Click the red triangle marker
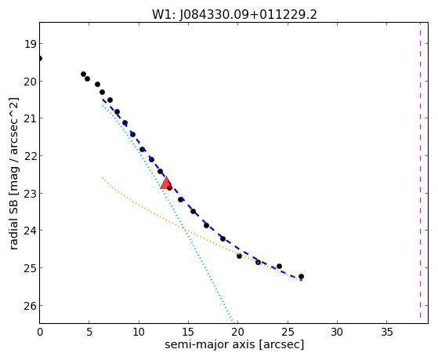pyautogui.click(x=166, y=183)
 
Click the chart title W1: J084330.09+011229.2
pyautogui.click(x=234, y=15)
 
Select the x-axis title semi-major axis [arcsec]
pyautogui.click(x=234, y=344)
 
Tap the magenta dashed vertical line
pyautogui.click(x=420, y=170)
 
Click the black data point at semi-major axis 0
pyautogui.click(x=40, y=59)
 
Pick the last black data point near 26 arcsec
pyautogui.click(x=301, y=277)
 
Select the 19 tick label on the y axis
pyautogui.click(x=30, y=44)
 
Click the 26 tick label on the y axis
pyautogui.click(x=30, y=306)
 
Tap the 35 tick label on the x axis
pyautogui.click(x=387, y=333)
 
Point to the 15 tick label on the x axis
pyautogui.click(x=188, y=333)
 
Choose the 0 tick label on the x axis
pyautogui.click(x=40, y=333)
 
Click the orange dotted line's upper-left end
pyautogui.click(x=103, y=177)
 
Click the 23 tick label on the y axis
pyautogui.click(x=30, y=194)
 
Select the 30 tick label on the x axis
pyautogui.click(x=337, y=333)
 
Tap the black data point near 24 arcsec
pyautogui.click(x=279, y=267)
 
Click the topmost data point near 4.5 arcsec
pyautogui.click(x=83, y=75)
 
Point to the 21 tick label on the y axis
pyautogui.click(x=30, y=119)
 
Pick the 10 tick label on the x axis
pyautogui.click(x=139, y=333)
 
